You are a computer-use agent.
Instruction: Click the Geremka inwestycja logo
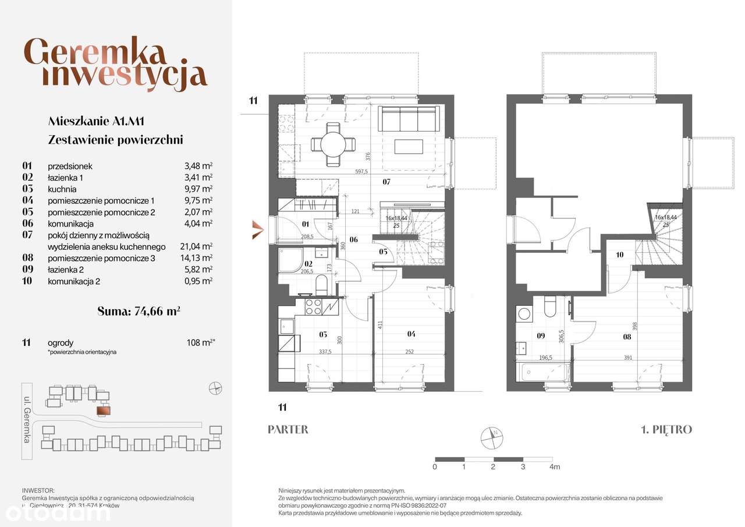(x=116, y=64)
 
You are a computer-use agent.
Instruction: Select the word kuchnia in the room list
(x=62, y=189)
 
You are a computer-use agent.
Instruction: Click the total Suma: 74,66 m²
(x=139, y=311)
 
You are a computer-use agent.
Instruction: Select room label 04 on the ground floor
(x=411, y=334)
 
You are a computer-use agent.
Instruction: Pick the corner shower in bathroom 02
(x=291, y=261)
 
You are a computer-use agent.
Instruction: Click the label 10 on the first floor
(x=619, y=254)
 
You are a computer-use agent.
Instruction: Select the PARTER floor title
(x=288, y=430)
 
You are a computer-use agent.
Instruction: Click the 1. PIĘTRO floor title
(x=666, y=430)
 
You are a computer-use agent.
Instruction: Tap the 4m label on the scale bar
(x=555, y=467)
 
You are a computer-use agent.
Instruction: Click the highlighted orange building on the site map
(x=103, y=411)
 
